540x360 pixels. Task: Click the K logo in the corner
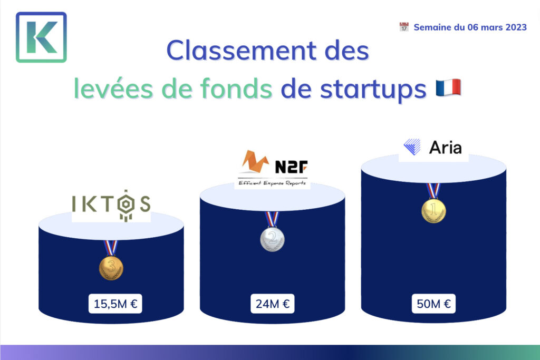pyautogui.click(x=41, y=37)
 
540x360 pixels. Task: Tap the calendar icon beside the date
pyautogui.click(x=404, y=27)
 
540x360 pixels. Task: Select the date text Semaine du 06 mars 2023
pyautogui.click(x=470, y=27)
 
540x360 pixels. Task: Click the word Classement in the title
pyautogui.click(x=241, y=50)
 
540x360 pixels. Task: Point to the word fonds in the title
pyautogui.click(x=236, y=88)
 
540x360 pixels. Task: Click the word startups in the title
pyautogui.click(x=373, y=90)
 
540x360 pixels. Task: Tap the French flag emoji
pyautogui.click(x=448, y=87)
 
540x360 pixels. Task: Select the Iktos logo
pyautogui.click(x=111, y=205)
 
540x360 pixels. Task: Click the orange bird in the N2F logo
pyautogui.click(x=255, y=161)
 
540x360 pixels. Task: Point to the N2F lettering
pyautogui.click(x=291, y=167)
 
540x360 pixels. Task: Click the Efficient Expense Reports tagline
pyautogui.click(x=272, y=183)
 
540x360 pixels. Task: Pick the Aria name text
pyautogui.click(x=445, y=148)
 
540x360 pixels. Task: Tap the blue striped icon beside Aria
pyautogui.click(x=412, y=147)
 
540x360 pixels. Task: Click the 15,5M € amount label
pyautogui.click(x=115, y=304)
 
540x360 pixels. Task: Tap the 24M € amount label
pyautogui.click(x=273, y=304)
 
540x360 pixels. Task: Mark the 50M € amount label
pyautogui.click(x=433, y=304)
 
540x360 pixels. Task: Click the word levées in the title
pyautogui.click(x=113, y=88)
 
